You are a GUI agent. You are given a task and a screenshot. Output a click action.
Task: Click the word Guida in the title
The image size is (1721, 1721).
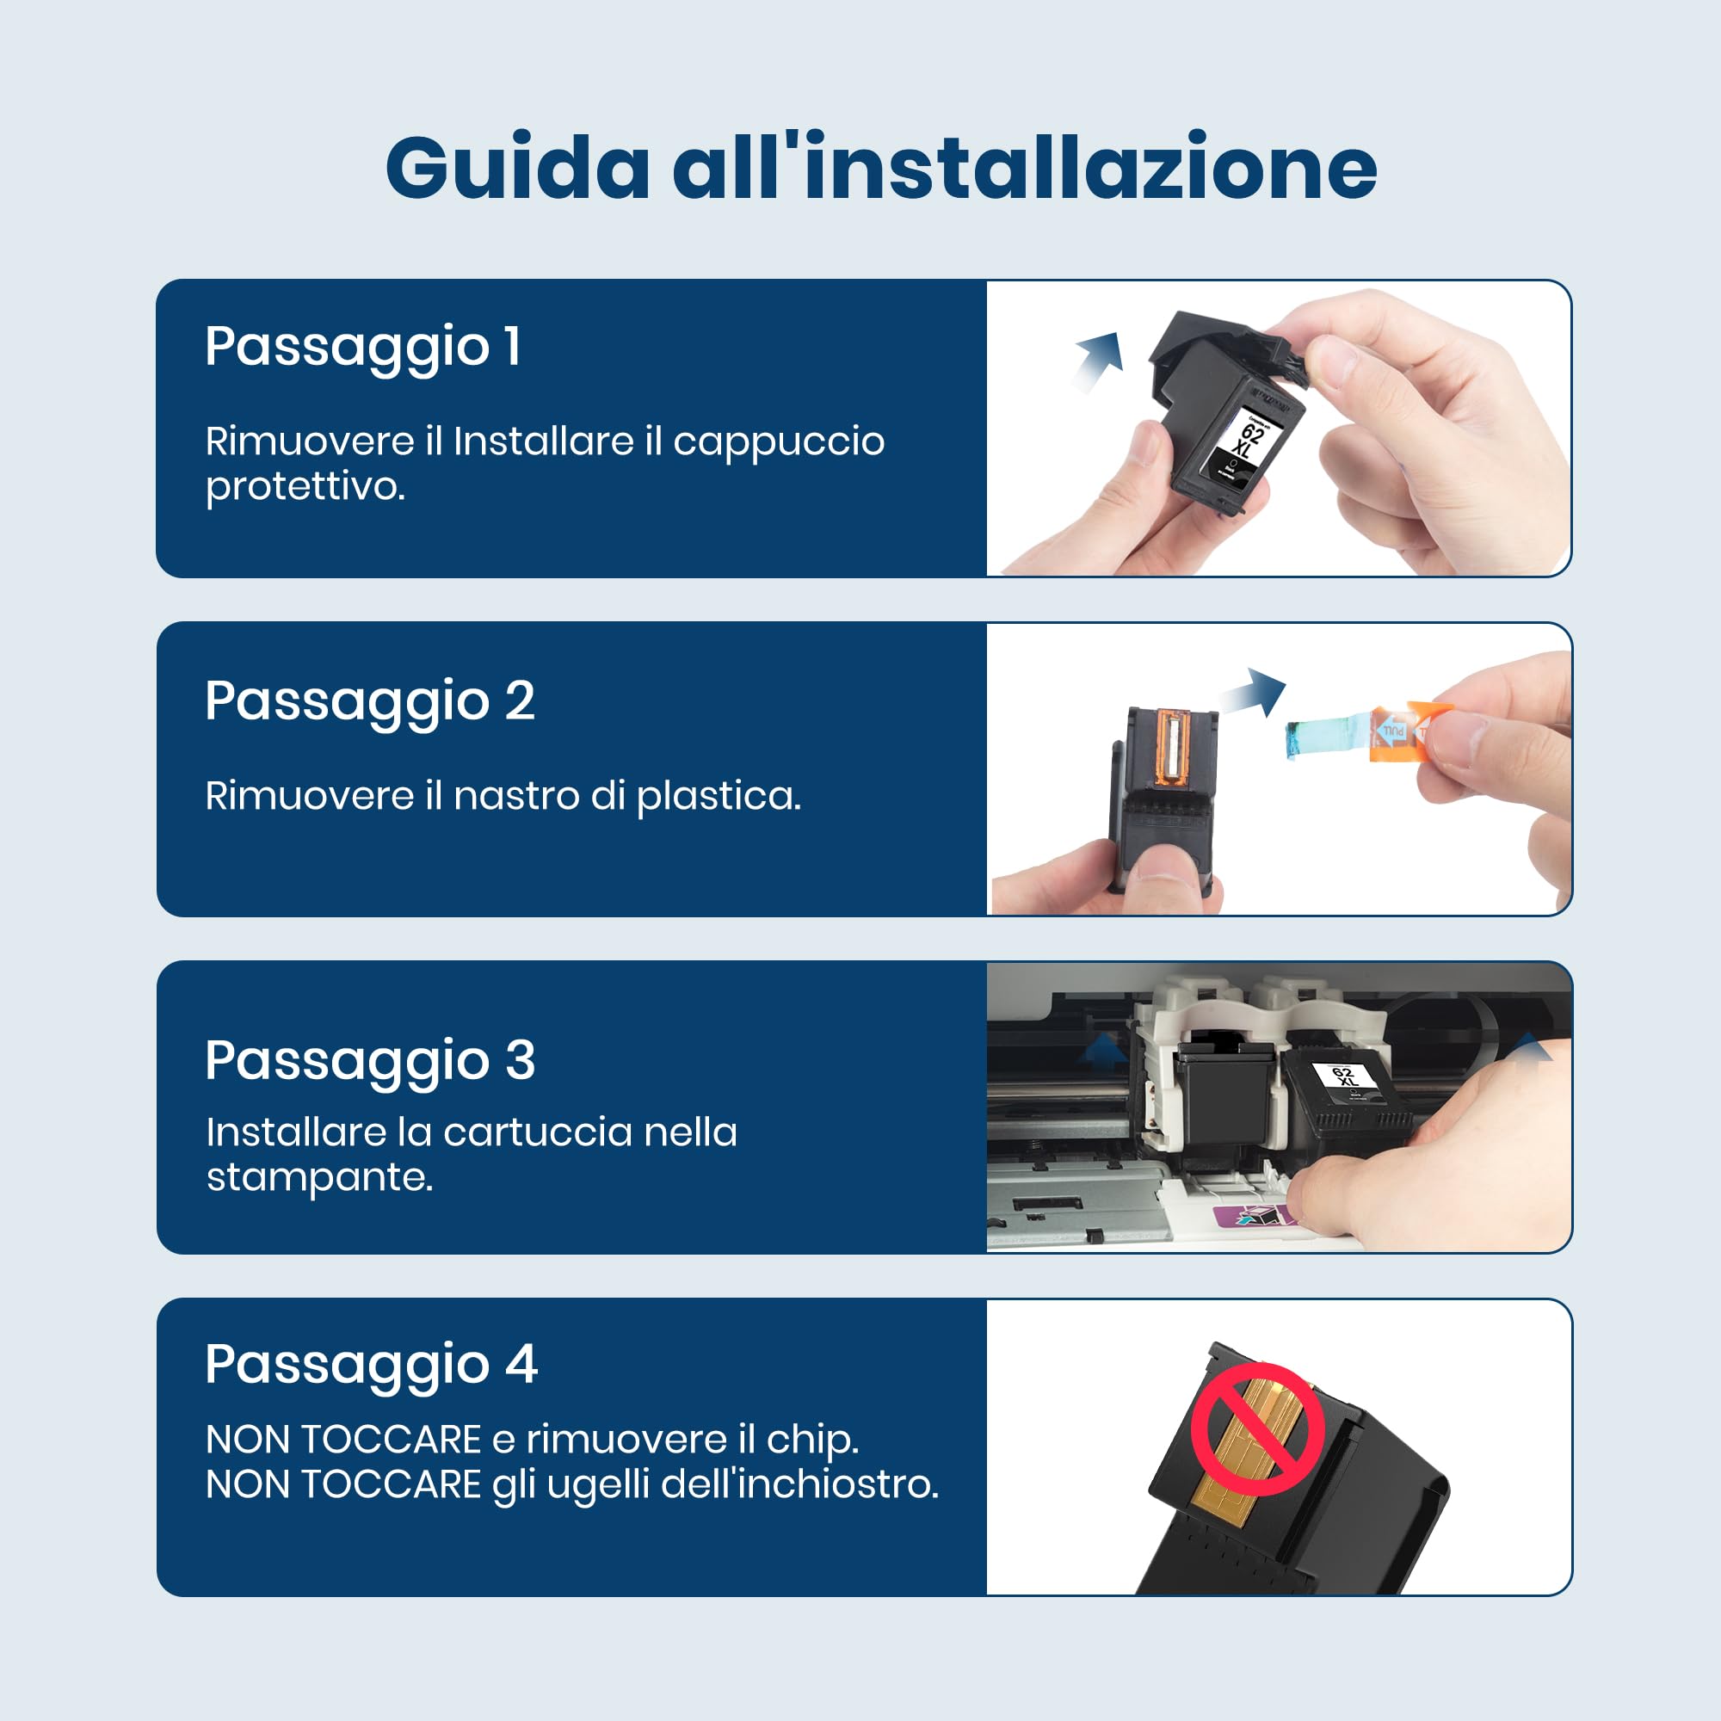coord(517,169)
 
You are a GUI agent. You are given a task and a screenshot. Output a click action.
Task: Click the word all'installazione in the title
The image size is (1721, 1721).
coord(1024,169)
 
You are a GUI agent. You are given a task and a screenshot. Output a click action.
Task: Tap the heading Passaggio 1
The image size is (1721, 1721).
coord(362,347)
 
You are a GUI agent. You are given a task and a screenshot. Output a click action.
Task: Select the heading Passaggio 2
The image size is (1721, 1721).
coord(370,701)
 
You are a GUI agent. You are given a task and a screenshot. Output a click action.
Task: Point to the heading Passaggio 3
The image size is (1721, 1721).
coord(370,1060)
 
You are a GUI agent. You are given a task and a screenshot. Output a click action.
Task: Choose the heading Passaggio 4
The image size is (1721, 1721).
coord(371,1364)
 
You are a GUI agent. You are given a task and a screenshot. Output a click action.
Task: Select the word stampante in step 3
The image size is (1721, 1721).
coord(319,1178)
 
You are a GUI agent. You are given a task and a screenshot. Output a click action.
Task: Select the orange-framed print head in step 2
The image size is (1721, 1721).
coord(1171,749)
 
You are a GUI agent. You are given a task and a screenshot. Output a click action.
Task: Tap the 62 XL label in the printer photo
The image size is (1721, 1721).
coord(1344,1075)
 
